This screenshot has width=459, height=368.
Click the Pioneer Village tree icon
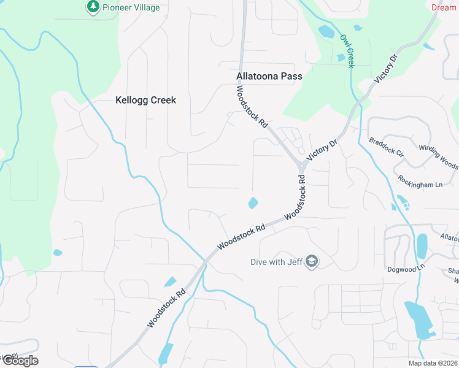pos(93,7)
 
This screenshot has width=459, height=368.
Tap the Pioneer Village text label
pos(131,8)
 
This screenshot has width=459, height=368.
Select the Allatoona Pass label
pos(269,77)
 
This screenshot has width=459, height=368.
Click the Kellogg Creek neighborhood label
pos(145,100)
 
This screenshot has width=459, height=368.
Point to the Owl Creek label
pos(347,51)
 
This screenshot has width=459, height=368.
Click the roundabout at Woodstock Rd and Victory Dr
pos(302,166)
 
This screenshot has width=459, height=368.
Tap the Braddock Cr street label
pos(386,147)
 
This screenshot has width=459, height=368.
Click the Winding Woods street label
pos(438,156)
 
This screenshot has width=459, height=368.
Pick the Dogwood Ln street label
pos(406,269)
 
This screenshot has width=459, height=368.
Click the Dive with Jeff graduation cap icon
pos(312,262)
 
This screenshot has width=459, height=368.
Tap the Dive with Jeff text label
pos(277,262)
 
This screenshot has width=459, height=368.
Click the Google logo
pos(20,360)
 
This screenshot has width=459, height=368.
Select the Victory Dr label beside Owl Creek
pos(386,68)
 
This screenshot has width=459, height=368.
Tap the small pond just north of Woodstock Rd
pos(252,202)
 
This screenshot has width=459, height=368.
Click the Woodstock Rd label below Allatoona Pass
pos(253,106)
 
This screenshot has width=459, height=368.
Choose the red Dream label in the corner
pos(444,8)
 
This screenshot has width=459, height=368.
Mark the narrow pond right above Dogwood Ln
pos(422,246)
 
